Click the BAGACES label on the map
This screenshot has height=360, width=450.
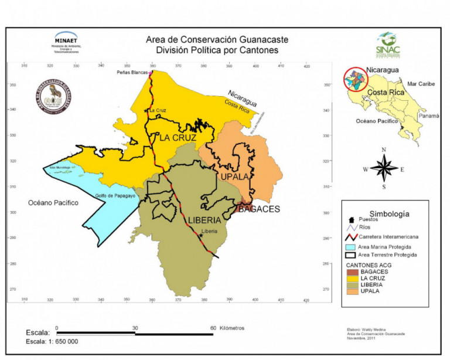pyautogui.click(x=258, y=209)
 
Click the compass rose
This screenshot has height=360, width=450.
pyautogui.click(x=384, y=169)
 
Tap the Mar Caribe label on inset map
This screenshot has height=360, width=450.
pyautogui.click(x=421, y=84)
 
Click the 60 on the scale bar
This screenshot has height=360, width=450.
pyautogui.click(x=213, y=328)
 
